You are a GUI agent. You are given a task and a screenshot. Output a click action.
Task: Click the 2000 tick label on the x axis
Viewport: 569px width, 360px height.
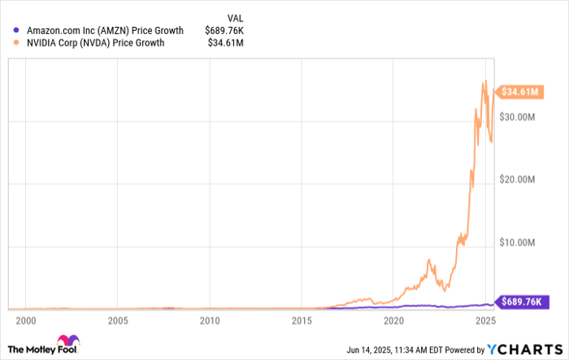point(26,321)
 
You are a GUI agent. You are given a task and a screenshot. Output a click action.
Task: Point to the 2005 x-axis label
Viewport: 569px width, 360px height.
point(118,321)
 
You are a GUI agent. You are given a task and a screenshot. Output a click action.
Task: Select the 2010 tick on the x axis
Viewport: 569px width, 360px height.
point(210,321)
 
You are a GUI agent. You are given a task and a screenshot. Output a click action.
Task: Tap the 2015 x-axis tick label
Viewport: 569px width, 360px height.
point(302,321)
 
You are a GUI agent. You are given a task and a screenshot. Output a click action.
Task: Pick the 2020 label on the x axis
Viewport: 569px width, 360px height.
point(394,321)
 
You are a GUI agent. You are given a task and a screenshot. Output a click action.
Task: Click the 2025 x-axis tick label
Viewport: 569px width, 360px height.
point(486,321)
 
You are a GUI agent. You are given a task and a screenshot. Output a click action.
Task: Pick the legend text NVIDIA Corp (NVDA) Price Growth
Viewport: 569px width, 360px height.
point(96,43)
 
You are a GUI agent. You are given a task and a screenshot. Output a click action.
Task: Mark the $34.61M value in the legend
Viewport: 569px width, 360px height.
point(230,43)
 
